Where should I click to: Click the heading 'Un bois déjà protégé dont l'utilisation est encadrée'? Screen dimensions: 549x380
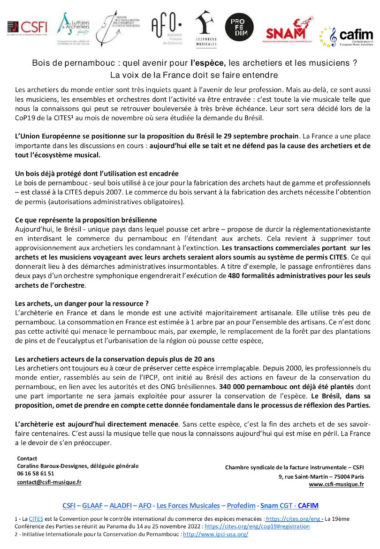[x=97, y=174]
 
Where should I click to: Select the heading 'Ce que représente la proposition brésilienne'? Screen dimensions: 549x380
[x=86, y=220]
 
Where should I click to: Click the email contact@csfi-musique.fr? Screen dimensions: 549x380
[x=49, y=481]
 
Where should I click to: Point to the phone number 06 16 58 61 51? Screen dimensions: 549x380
[x=36, y=473]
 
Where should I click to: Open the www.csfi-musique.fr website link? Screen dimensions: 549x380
[x=336, y=484]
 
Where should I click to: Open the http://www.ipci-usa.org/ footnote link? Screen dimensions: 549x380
[x=215, y=534]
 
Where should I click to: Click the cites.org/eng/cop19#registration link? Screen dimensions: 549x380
[x=257, y=526]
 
